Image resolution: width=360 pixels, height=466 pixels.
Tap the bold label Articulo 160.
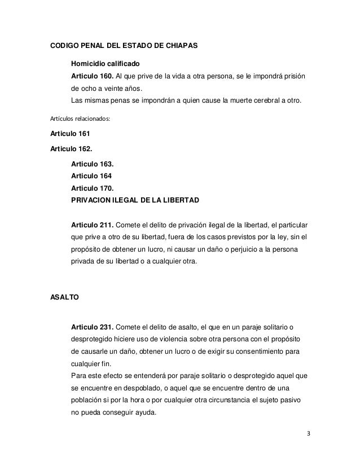point(92,76)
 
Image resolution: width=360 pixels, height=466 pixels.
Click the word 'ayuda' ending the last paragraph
point(145,412)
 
